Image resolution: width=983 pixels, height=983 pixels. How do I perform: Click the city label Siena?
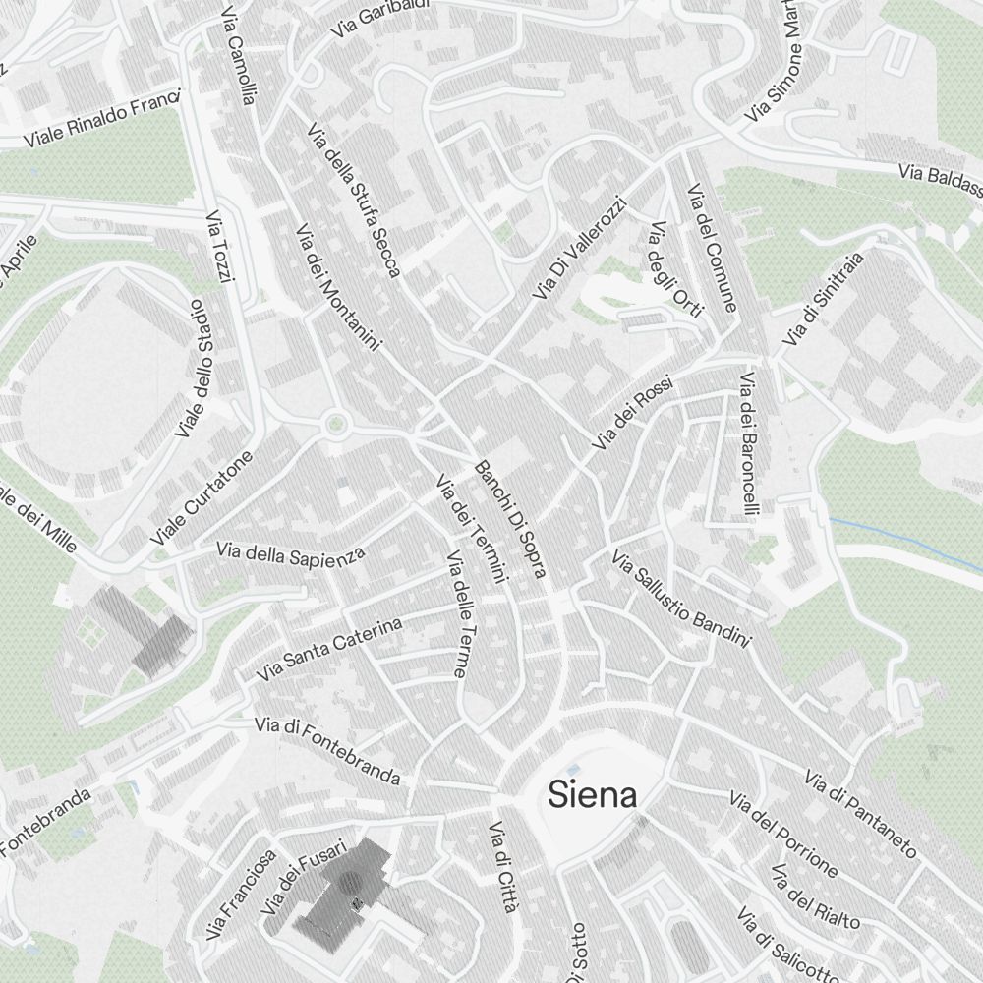[x=592, y=794]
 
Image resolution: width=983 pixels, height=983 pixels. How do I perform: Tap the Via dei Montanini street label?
[x=336, y=286]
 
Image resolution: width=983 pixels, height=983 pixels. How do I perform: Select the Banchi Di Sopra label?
[x=510, y=518]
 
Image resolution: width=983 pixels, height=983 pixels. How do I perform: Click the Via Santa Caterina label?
[x=329, y=651]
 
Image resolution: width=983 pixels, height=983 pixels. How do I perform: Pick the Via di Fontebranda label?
[x=327, y=752]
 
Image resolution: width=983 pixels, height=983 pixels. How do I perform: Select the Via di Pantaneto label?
[x=860, y=813]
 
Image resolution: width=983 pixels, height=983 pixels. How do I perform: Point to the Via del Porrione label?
[x=783, y=834]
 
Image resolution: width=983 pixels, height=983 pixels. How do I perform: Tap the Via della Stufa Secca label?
[x=354, y=200]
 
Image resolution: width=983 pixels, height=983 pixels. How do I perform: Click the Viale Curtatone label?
[x=202, y=498]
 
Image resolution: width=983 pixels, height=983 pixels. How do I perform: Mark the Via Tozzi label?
[x=220, y=248]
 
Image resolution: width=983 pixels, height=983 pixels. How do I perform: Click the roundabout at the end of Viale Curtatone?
[x=336, y=425]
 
